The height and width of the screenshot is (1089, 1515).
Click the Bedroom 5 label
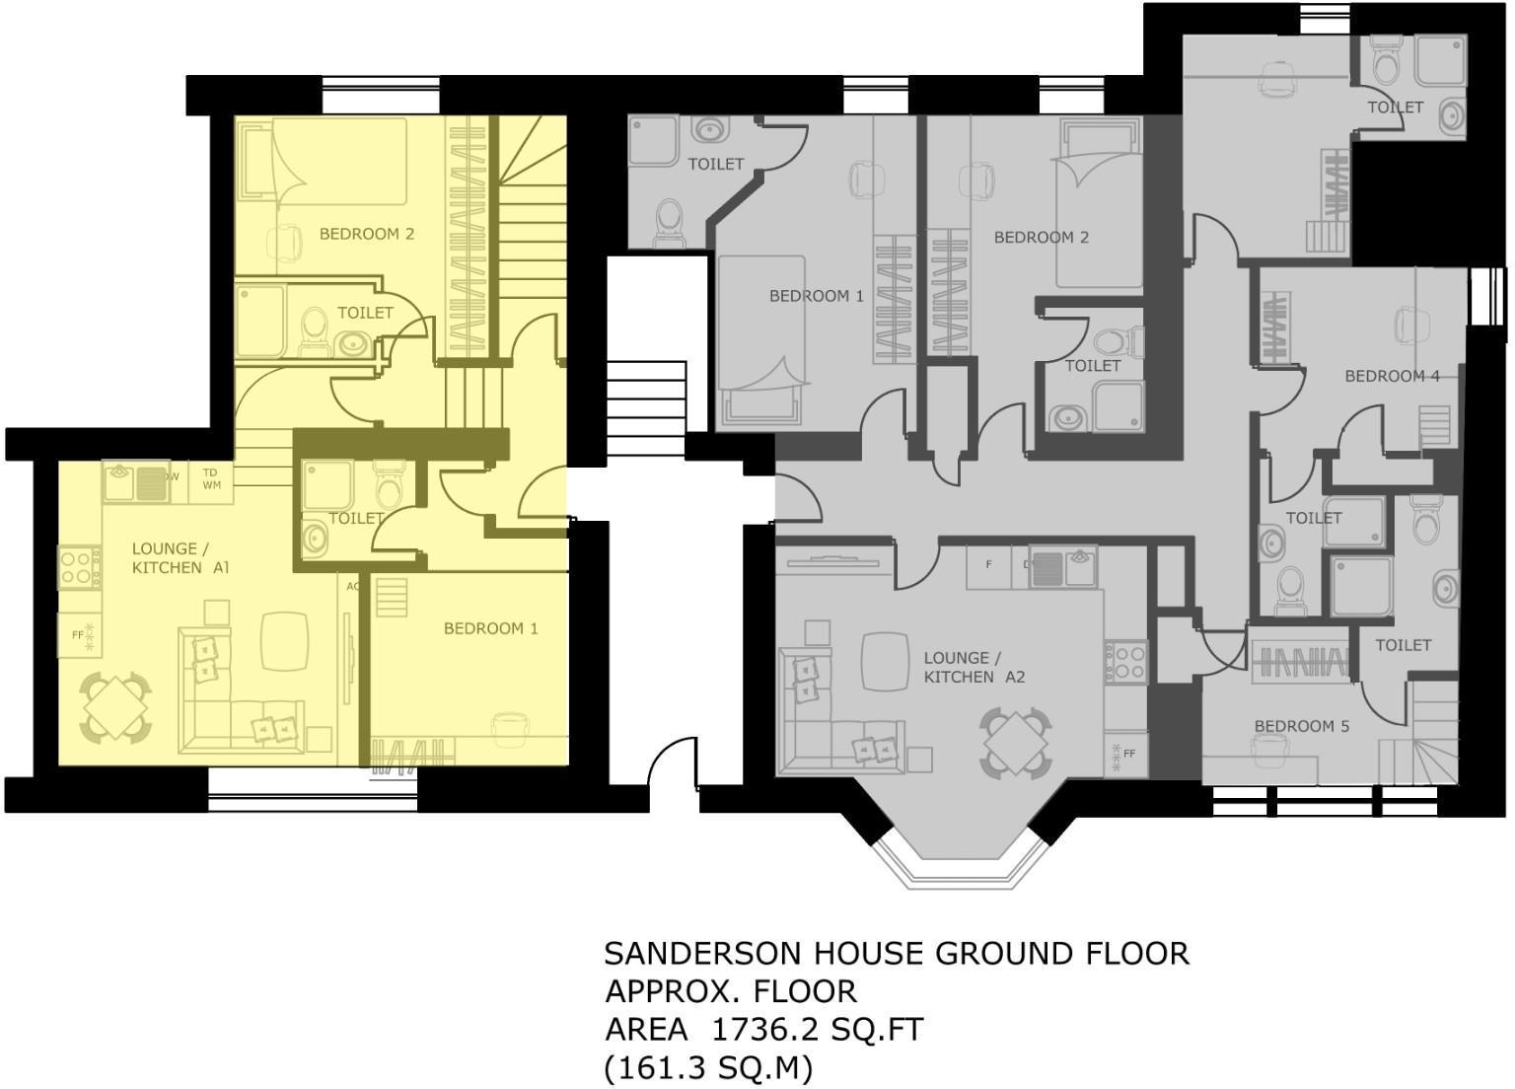click(1302, 726)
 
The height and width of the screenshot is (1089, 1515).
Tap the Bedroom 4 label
click(1392, 376)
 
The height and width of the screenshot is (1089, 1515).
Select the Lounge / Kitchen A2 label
click(974, 667)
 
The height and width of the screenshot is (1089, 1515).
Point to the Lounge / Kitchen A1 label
click(180, 558)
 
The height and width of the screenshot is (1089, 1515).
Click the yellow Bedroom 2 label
click(367, 234)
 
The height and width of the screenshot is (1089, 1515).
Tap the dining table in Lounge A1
click(115, 707)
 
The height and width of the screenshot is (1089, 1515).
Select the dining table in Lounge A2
click(1016, 742)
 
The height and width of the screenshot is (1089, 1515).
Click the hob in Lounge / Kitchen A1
click(80, 567)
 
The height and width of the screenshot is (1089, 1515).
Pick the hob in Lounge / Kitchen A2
click(1126, 662)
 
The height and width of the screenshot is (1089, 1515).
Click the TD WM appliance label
click(210, 478)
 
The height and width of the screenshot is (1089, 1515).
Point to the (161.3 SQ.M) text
click(707, 1068)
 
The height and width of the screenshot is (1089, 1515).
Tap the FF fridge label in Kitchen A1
click(78, 635)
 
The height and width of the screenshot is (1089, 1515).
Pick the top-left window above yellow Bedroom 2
click(381, 95)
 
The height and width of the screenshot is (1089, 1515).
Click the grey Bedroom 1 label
click(817, 296)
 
